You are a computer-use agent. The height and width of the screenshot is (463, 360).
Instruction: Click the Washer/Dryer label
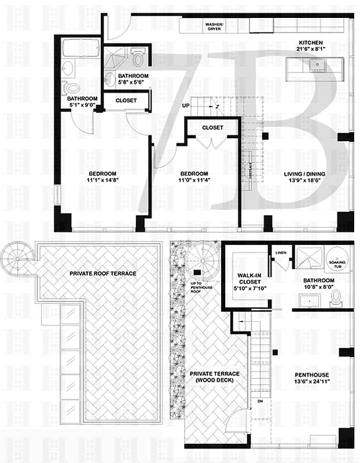point(215,27)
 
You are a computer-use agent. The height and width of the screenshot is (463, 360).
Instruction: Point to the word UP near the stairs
point(186,106)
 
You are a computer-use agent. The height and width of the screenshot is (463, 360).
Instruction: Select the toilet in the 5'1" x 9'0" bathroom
point(72,89)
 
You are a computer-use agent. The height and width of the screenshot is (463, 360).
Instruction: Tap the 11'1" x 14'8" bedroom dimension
point(102,181)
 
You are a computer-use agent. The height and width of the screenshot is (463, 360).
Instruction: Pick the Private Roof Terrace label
point(103,273)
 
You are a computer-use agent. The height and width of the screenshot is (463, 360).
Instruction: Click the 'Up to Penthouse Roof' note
point(197,286)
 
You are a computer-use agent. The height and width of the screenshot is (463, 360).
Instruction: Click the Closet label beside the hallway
point(126,101)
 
